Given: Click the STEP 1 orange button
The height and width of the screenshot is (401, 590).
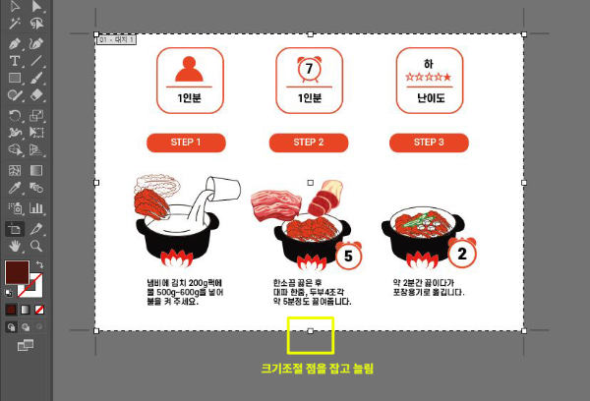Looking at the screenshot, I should [186, 143].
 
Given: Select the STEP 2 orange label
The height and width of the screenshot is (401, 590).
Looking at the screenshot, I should [307, 143].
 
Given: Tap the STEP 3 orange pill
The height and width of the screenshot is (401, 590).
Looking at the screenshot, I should [428, 143].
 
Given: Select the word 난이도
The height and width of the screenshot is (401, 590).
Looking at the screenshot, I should [430, 99].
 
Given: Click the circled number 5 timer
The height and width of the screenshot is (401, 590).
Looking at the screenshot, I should [347, 257].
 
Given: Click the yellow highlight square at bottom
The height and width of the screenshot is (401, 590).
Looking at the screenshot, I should [311, 335].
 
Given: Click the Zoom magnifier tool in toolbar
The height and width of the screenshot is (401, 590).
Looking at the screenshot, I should [36, 245].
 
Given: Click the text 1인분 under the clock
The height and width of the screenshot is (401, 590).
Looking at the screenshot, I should [309, 98].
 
